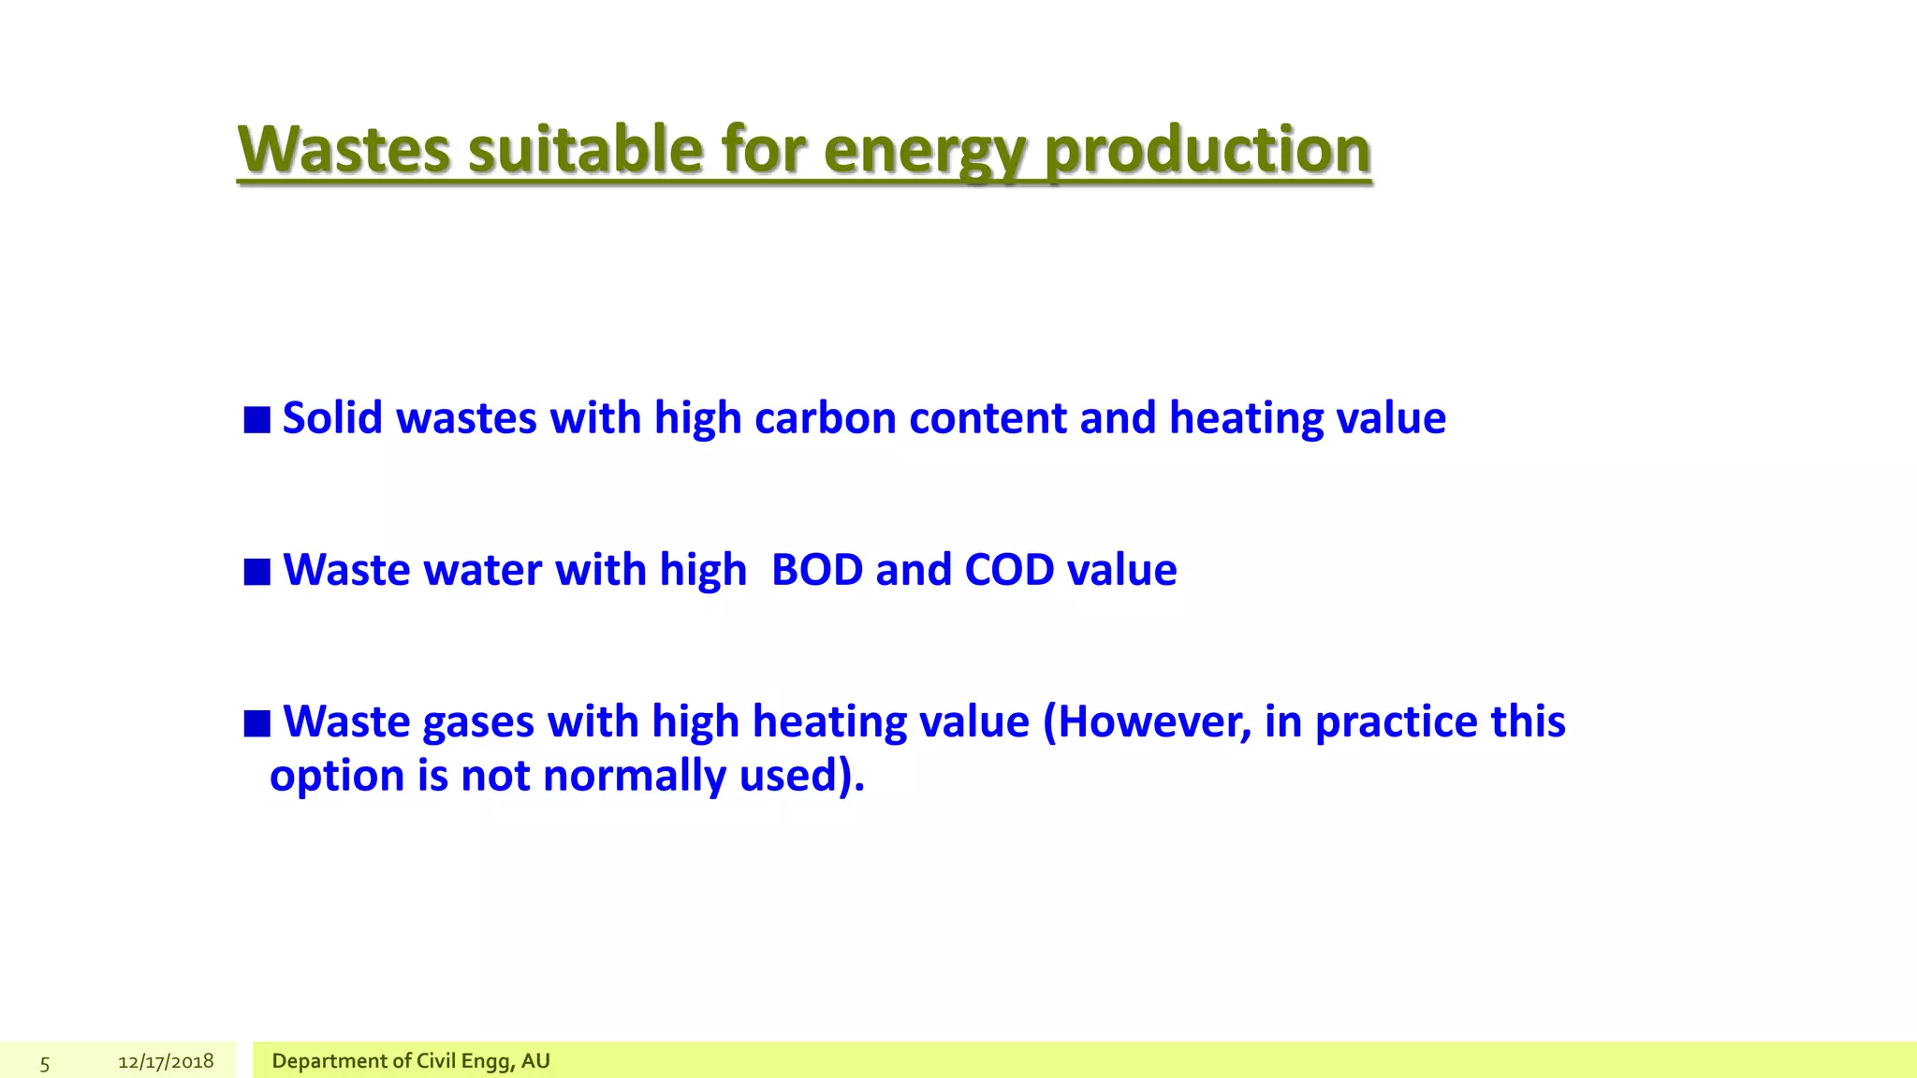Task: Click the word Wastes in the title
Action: click(x=344, y=150)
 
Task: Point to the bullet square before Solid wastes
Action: click(x=257, y=420)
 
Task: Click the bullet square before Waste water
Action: click(x=257, y=572)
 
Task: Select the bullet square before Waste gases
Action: click(x=257, y=723)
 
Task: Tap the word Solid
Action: click(x=332, y=418)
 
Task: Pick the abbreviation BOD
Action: click(x=816, y=570)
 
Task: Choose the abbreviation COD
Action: click(x=1009, y=570)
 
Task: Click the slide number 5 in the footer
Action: click(x=45, y=1063)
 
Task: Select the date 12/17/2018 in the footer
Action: click(x=166, y=1061)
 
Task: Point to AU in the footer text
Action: click(x=535, y=1061)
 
